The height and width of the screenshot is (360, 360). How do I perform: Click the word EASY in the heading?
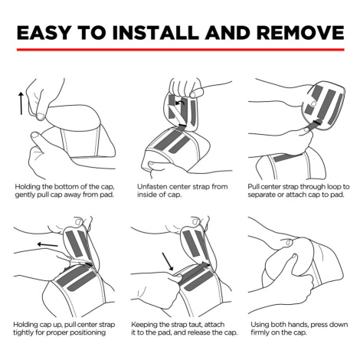[43, 32]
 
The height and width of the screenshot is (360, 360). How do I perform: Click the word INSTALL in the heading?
[155, 32]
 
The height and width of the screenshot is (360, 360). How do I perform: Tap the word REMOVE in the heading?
[300, 32]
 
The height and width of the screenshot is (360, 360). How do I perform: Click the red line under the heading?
[181, 50]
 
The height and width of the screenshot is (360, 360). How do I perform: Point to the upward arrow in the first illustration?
[21, 103]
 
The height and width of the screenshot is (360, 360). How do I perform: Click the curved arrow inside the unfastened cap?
[180, 103]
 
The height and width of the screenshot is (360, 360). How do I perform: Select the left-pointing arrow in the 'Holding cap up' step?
[47, 245]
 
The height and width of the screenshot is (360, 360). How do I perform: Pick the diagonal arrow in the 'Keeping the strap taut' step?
[168, 261]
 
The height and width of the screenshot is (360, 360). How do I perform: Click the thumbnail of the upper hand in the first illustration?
[41, 116]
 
